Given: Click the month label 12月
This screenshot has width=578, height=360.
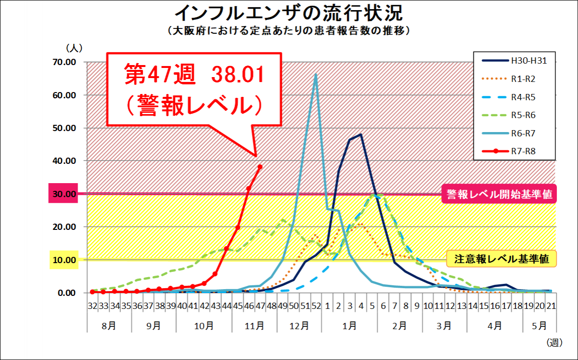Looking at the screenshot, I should click(x=300, y=325).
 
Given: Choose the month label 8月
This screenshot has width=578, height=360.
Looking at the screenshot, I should click(x=109, y=325).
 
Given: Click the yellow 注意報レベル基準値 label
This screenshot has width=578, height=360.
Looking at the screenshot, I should click(x=501, y=259).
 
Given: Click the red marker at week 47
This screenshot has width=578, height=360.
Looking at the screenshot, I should click(x=260, y=167).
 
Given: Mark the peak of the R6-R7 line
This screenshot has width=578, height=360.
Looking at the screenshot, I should click(x=316, y=74).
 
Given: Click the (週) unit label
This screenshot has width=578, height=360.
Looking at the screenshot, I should click(x=554, y=343).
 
